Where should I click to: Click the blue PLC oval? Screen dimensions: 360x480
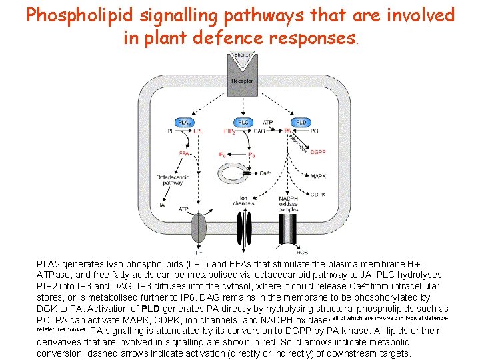[x=243, y=122]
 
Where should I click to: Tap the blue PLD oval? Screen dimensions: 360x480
[x=301, y=122]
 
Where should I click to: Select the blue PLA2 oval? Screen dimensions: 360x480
[x=185, y=122]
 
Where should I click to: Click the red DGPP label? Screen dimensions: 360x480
[x=317, y=152]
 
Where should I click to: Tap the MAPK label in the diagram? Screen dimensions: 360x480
[x=317, y=177]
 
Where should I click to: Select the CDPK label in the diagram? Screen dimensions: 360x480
[x=317, y=195]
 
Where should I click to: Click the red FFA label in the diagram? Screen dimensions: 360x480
[x=185, y=153]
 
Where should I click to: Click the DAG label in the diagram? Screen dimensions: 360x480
[x=260, y=132]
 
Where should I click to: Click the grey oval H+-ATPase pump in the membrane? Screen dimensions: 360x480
[x=199, y=227]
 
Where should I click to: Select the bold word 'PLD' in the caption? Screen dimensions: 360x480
[x=150, y=309]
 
